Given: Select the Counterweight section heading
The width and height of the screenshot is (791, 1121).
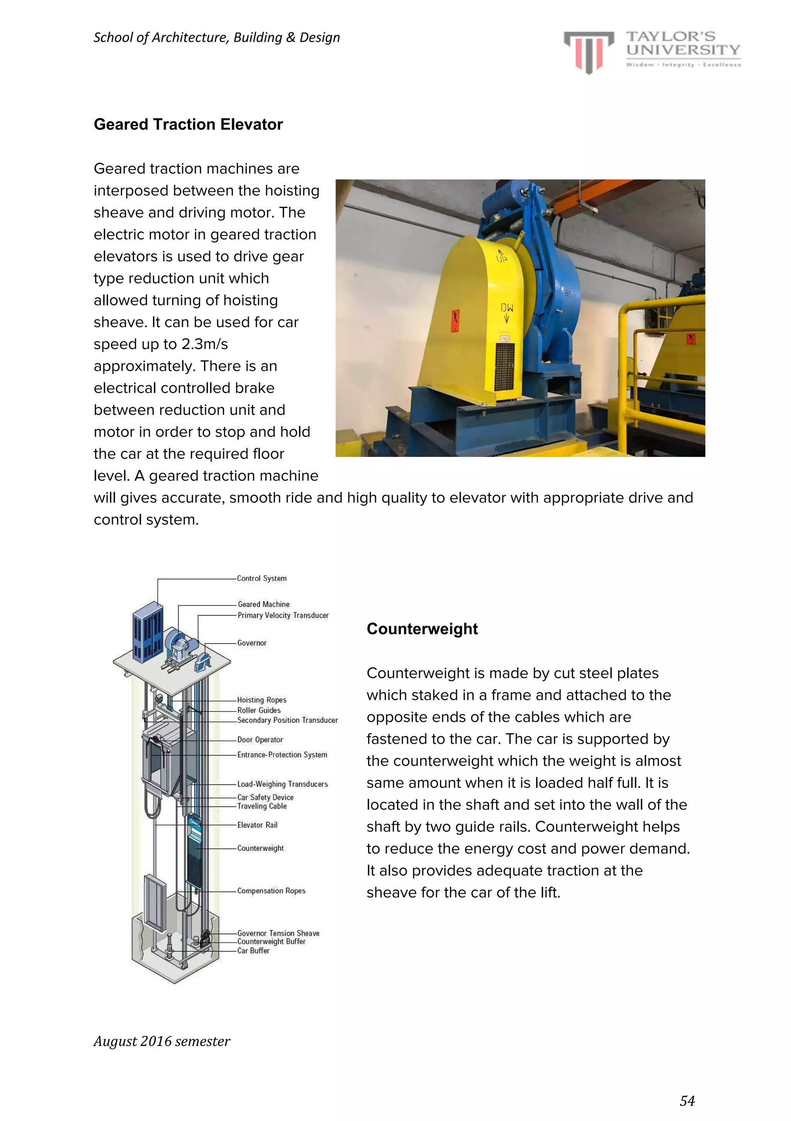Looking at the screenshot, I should pyautogui.click(x=422, y=629).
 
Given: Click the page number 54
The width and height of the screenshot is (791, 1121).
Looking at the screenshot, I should pyautogui.click(x=687, y=1101).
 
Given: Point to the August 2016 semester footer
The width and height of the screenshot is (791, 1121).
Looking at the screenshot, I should pyautogui.click(x=161, y=1041).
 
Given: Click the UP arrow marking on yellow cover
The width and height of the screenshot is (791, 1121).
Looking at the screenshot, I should pyautogui.click(x=501, y=256).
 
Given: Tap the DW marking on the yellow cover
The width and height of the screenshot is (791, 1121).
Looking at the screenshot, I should pyautogui.click(x=506, y=312).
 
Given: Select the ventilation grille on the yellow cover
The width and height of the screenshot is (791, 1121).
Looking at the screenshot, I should pyautogui.click(x=504, y=366).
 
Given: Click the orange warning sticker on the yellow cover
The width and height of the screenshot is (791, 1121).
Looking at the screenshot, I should pyautogui.click(x=455, y=321).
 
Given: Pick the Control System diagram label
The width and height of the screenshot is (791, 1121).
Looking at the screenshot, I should pyautogui.click(x=261, y=579).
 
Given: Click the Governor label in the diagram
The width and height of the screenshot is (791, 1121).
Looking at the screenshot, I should pyautogui.click(x=252, y=643).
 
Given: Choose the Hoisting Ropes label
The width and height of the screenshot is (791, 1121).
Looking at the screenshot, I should pyautogui.click(x=261, y=700).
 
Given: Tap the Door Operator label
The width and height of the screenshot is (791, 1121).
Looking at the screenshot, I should pyautogui.click(x=260, y=740).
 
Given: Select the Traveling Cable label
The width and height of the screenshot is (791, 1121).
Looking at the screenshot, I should pyautogui.click(x=261, y=806).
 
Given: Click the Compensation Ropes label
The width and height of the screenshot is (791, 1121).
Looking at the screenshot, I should pyautogui.click(x=271, y=891).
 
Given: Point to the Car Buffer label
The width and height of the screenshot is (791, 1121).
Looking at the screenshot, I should pyautogui.click(x=253, y=951).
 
